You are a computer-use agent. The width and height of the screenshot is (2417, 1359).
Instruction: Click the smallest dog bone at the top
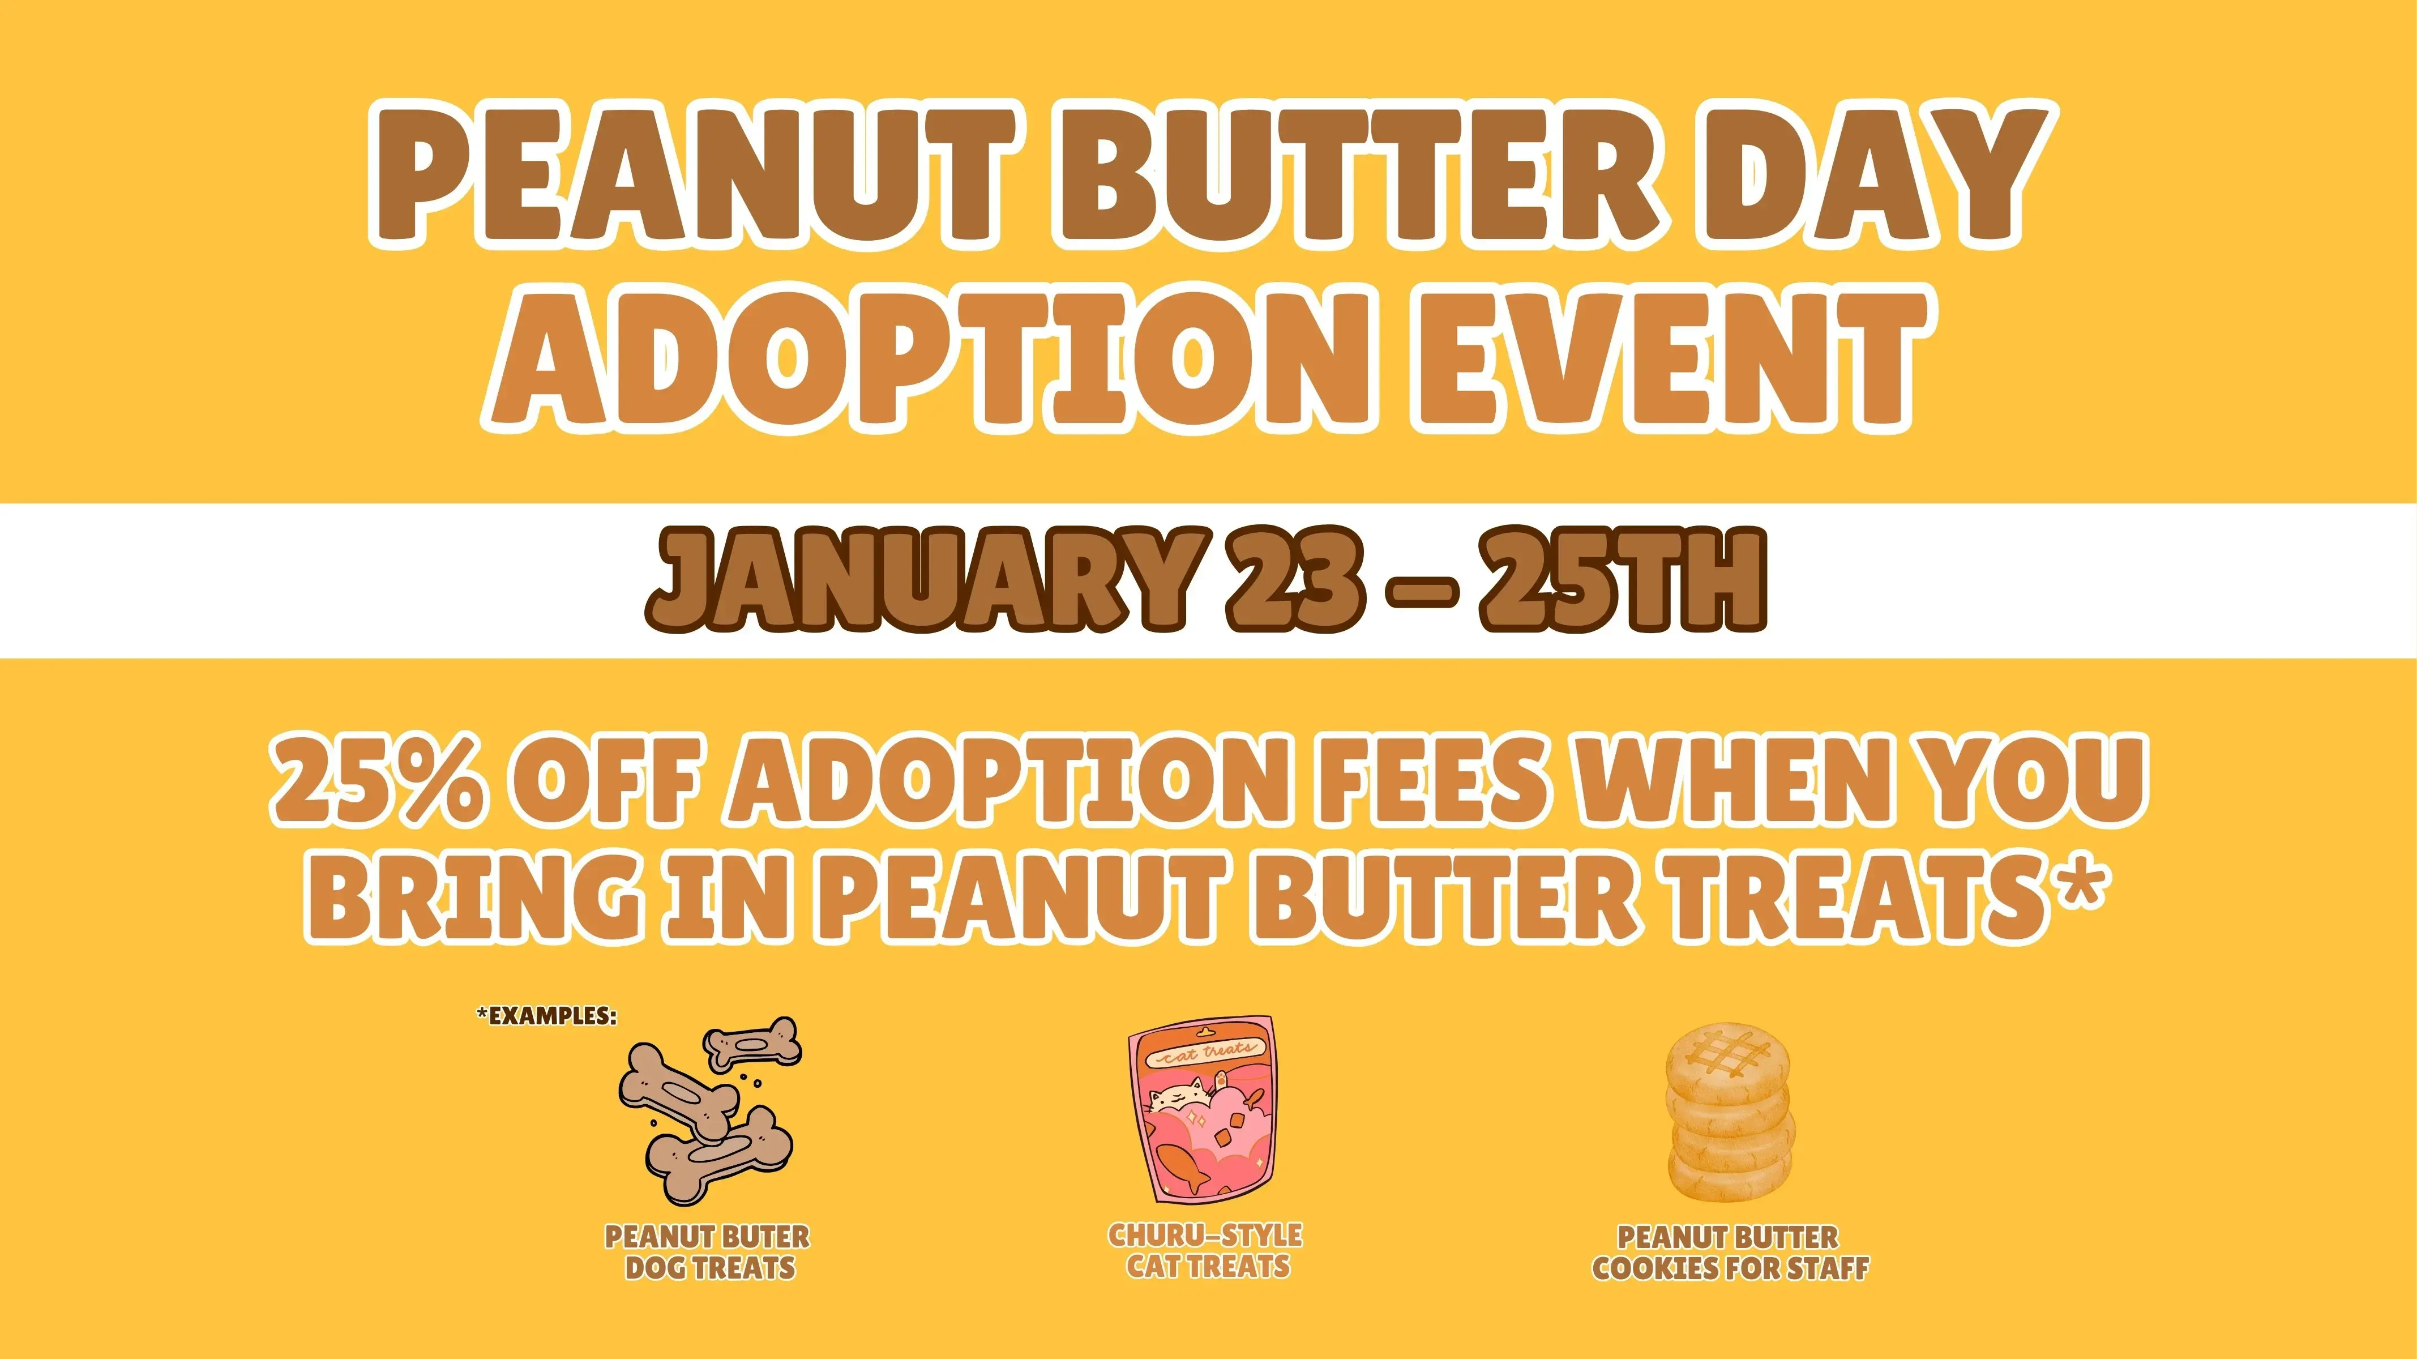tap(751, 1042)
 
